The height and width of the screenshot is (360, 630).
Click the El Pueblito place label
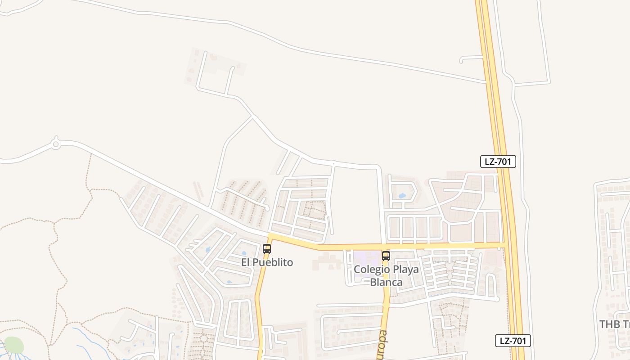[267, 262]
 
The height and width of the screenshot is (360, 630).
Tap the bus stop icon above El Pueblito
[267, 248]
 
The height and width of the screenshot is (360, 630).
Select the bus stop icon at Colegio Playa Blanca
[386, 256]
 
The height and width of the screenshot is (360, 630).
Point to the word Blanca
[386, 282]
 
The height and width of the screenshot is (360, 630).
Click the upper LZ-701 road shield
[498, 162]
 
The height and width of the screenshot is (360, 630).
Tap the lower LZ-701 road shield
[513, 341]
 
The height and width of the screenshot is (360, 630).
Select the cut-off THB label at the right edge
[615, 324]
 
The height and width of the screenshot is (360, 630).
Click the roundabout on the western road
[56, 144]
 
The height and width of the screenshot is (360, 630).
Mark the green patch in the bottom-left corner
[14, 345]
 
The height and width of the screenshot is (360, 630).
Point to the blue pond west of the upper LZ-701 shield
[401, 196]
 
